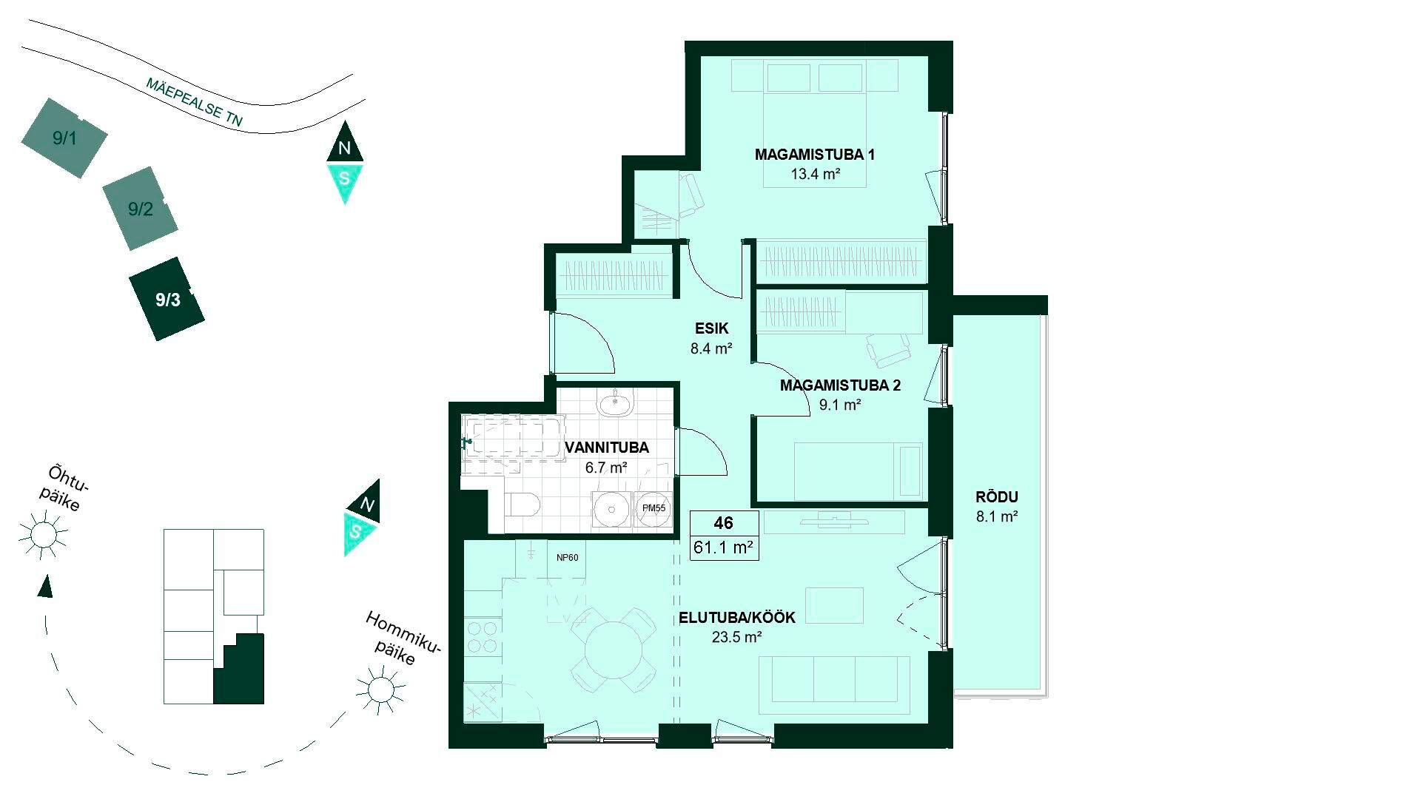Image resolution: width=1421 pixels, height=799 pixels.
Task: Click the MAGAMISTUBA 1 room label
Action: point(815,155)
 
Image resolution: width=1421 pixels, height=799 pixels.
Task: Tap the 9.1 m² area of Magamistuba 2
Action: point(840,405)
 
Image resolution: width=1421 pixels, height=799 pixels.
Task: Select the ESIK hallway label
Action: point(711,328)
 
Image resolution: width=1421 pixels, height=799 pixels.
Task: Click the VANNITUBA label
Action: point(607,448)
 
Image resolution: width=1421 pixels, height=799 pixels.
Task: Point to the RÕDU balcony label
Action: point(997,497)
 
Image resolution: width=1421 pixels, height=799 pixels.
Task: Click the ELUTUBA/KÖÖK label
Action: point(737,618)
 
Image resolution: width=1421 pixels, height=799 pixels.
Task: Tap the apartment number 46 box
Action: point(724,523)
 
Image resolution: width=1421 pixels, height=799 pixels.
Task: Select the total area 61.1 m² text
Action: point(724,547)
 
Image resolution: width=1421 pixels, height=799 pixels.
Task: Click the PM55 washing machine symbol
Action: point(654,509)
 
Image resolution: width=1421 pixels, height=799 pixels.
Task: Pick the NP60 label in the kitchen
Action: point(568,558)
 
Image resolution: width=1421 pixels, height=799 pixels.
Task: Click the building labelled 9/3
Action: point(167,299)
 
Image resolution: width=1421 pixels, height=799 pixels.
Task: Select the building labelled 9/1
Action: point(64,138)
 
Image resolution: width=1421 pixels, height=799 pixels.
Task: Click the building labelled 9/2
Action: point(140,209)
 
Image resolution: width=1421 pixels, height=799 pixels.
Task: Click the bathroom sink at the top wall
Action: point(615,403)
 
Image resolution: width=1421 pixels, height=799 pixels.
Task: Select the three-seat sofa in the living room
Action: point(839,679)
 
